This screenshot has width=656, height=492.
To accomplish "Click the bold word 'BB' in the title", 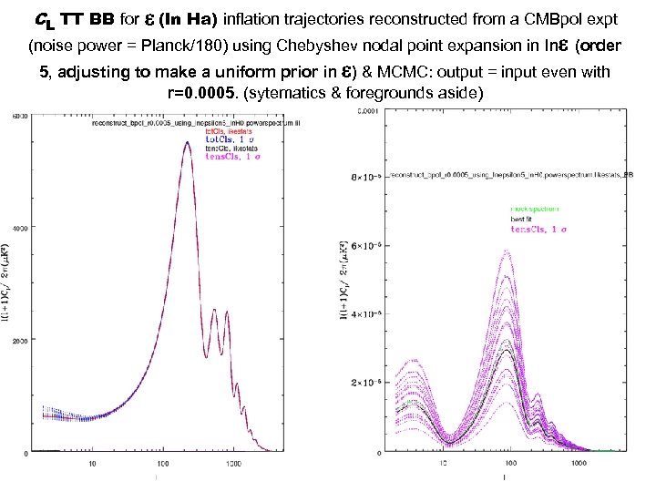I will pyautogui.click(x=102, y=19).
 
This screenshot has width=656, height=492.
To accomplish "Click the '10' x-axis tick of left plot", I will pyautogui.click(x=93, y=464).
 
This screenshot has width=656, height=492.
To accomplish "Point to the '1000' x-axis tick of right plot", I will pyautogui.click(x=579, y=464).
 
